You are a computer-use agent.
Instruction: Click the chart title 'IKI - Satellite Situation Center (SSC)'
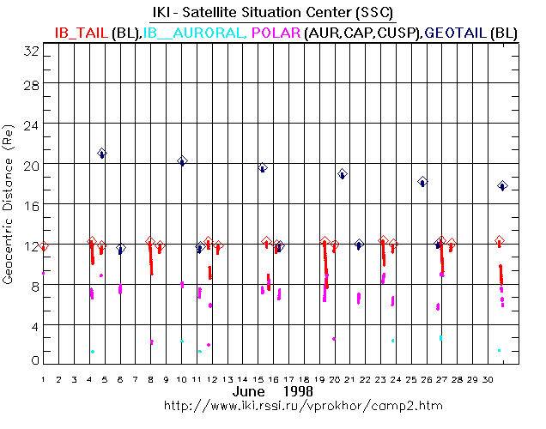tap(273, 14)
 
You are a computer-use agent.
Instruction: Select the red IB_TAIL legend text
tap(82, 33)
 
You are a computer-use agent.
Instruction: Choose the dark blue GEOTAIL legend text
tap(455, 33)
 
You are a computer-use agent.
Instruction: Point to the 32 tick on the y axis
tap(30, 51)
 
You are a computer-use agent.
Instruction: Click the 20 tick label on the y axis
tap(30, 163)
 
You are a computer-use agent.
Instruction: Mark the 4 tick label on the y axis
tap(33, 325)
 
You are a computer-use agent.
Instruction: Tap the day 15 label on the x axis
tap(258, 378)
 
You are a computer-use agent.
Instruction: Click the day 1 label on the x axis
tap(43, 378)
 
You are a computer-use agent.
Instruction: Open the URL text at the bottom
tap(272, 404)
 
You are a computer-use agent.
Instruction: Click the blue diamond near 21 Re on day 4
tap(102, 154)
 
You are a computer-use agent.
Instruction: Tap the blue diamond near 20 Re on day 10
tap(182, 160)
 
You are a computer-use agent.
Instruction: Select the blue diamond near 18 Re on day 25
tap(422, 182)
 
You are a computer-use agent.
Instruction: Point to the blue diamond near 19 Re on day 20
tap(343, 173)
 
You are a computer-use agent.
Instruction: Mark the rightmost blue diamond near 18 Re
tap(503, 185)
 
